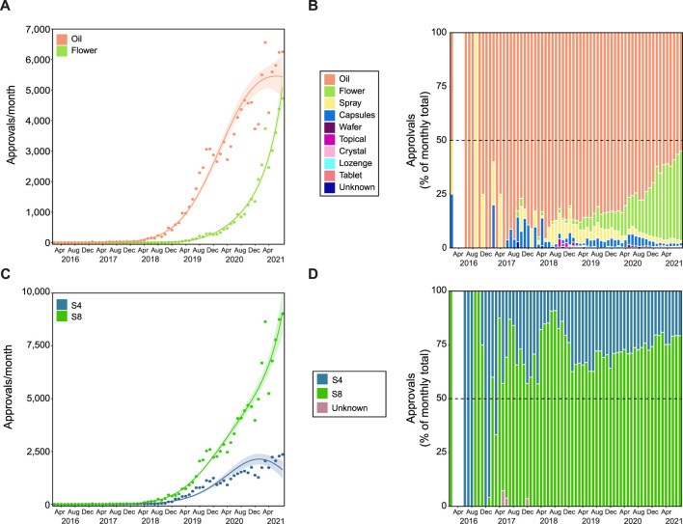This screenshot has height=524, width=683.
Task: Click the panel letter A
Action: point(7,8)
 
